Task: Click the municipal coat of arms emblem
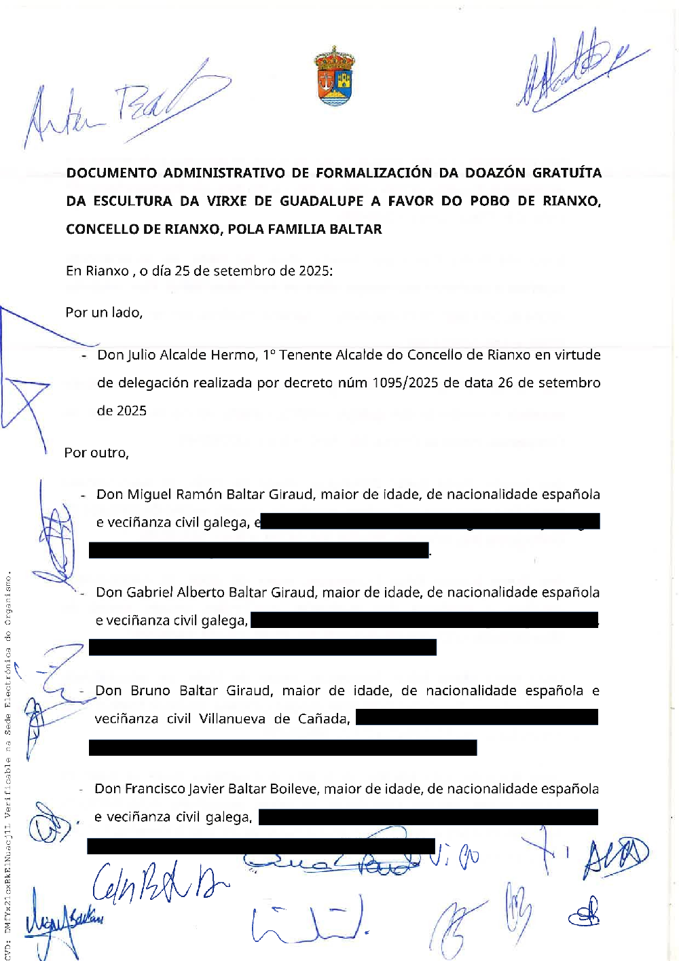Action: click(x=334, y=76)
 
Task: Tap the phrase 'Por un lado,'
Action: click(x=104, y=313)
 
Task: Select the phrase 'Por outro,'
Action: click(x=96, y=453)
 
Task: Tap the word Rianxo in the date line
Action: click(x=107, y=271)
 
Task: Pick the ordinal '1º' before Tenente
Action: click(x=269, y=355)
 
